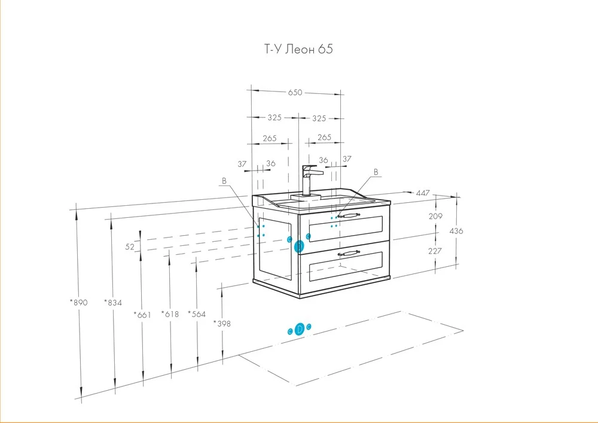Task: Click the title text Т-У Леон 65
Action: point(298,49)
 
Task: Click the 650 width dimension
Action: point(295,92)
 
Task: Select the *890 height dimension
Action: point(78,303)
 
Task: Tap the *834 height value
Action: point(113,303)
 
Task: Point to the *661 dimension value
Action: point(142,315)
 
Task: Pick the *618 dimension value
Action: point(170,314)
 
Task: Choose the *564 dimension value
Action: point(197,314)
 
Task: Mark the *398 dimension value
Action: point(222,324)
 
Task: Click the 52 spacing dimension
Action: point(130,247)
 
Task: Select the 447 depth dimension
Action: point(423,193)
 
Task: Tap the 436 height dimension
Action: point(456,231)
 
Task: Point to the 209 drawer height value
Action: point(435,216)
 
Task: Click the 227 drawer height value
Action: point(435,251)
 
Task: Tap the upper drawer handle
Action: point(349,216)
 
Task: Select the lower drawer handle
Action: point(349,252)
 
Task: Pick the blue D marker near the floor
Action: point(300,329)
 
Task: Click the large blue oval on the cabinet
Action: point(299,247)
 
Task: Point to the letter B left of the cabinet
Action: point(224,181)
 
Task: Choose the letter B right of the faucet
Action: point(376,172)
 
